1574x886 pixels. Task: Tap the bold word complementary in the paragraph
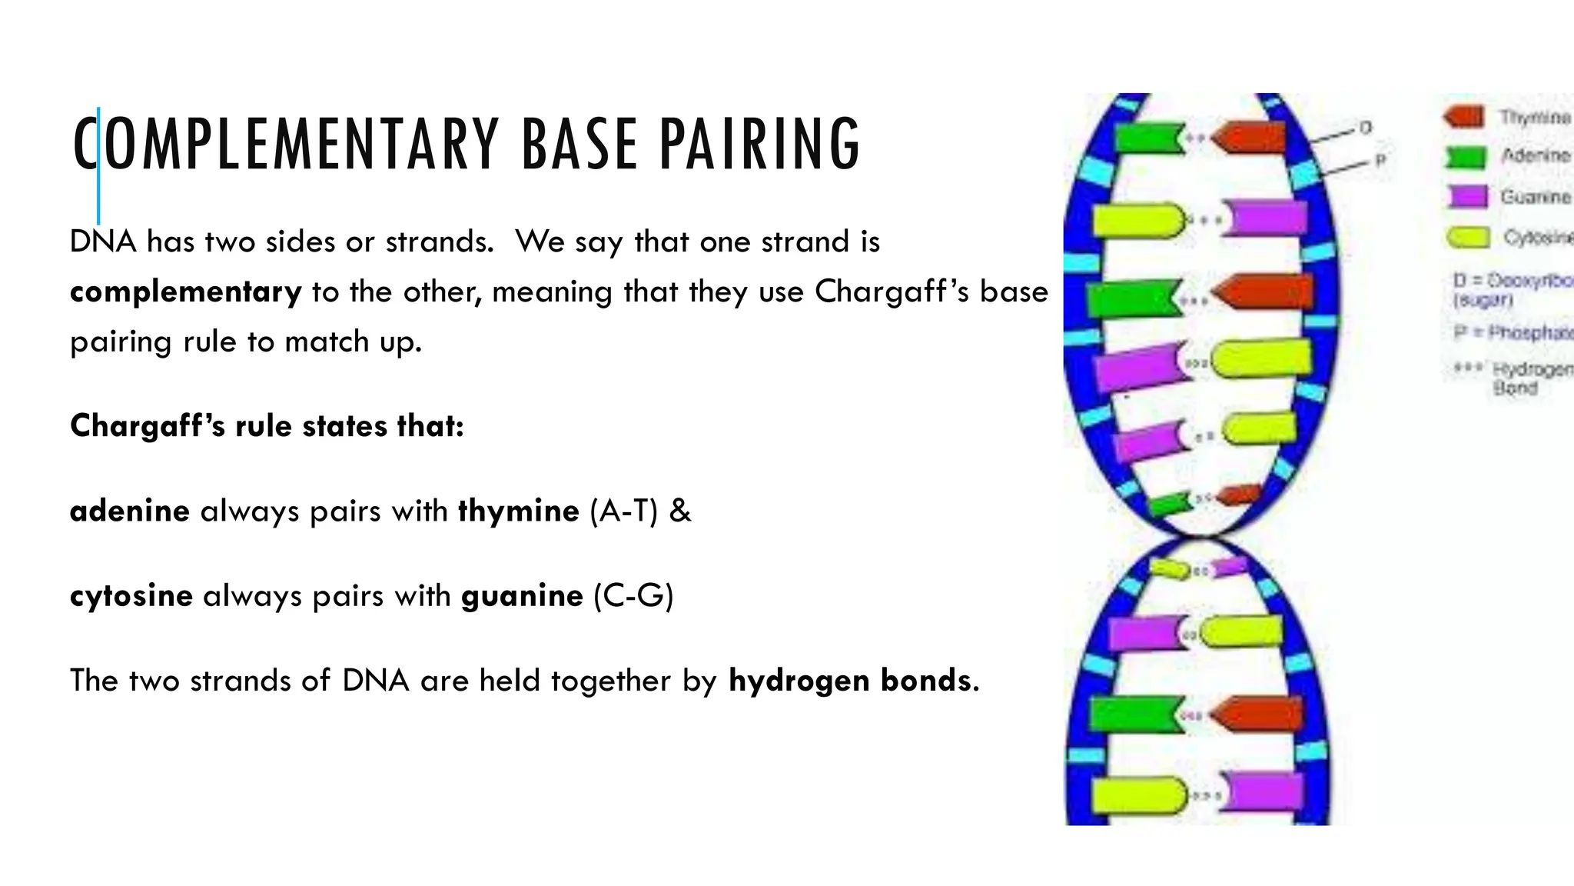pos(185,292)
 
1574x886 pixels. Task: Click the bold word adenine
pos(130,511)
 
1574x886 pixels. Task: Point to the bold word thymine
pos(519,511)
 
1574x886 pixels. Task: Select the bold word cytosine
pos(131,596)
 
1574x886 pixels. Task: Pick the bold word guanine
pos(522,596)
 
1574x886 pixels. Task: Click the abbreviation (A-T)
pos(623,511)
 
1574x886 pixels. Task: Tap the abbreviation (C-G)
pos(633,596)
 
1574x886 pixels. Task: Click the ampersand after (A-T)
pos(680,511)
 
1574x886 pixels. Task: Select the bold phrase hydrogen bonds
pos(851,681)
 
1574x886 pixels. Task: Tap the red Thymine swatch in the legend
pos(1464,117)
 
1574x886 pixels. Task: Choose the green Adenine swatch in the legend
pos(1466,157)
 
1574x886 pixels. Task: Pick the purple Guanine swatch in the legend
pos(1468,197)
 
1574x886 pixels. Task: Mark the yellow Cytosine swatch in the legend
pos(1469,238)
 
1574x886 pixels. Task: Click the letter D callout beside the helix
pos(1366,128)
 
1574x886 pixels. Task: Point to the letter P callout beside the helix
pos(1380,161)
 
